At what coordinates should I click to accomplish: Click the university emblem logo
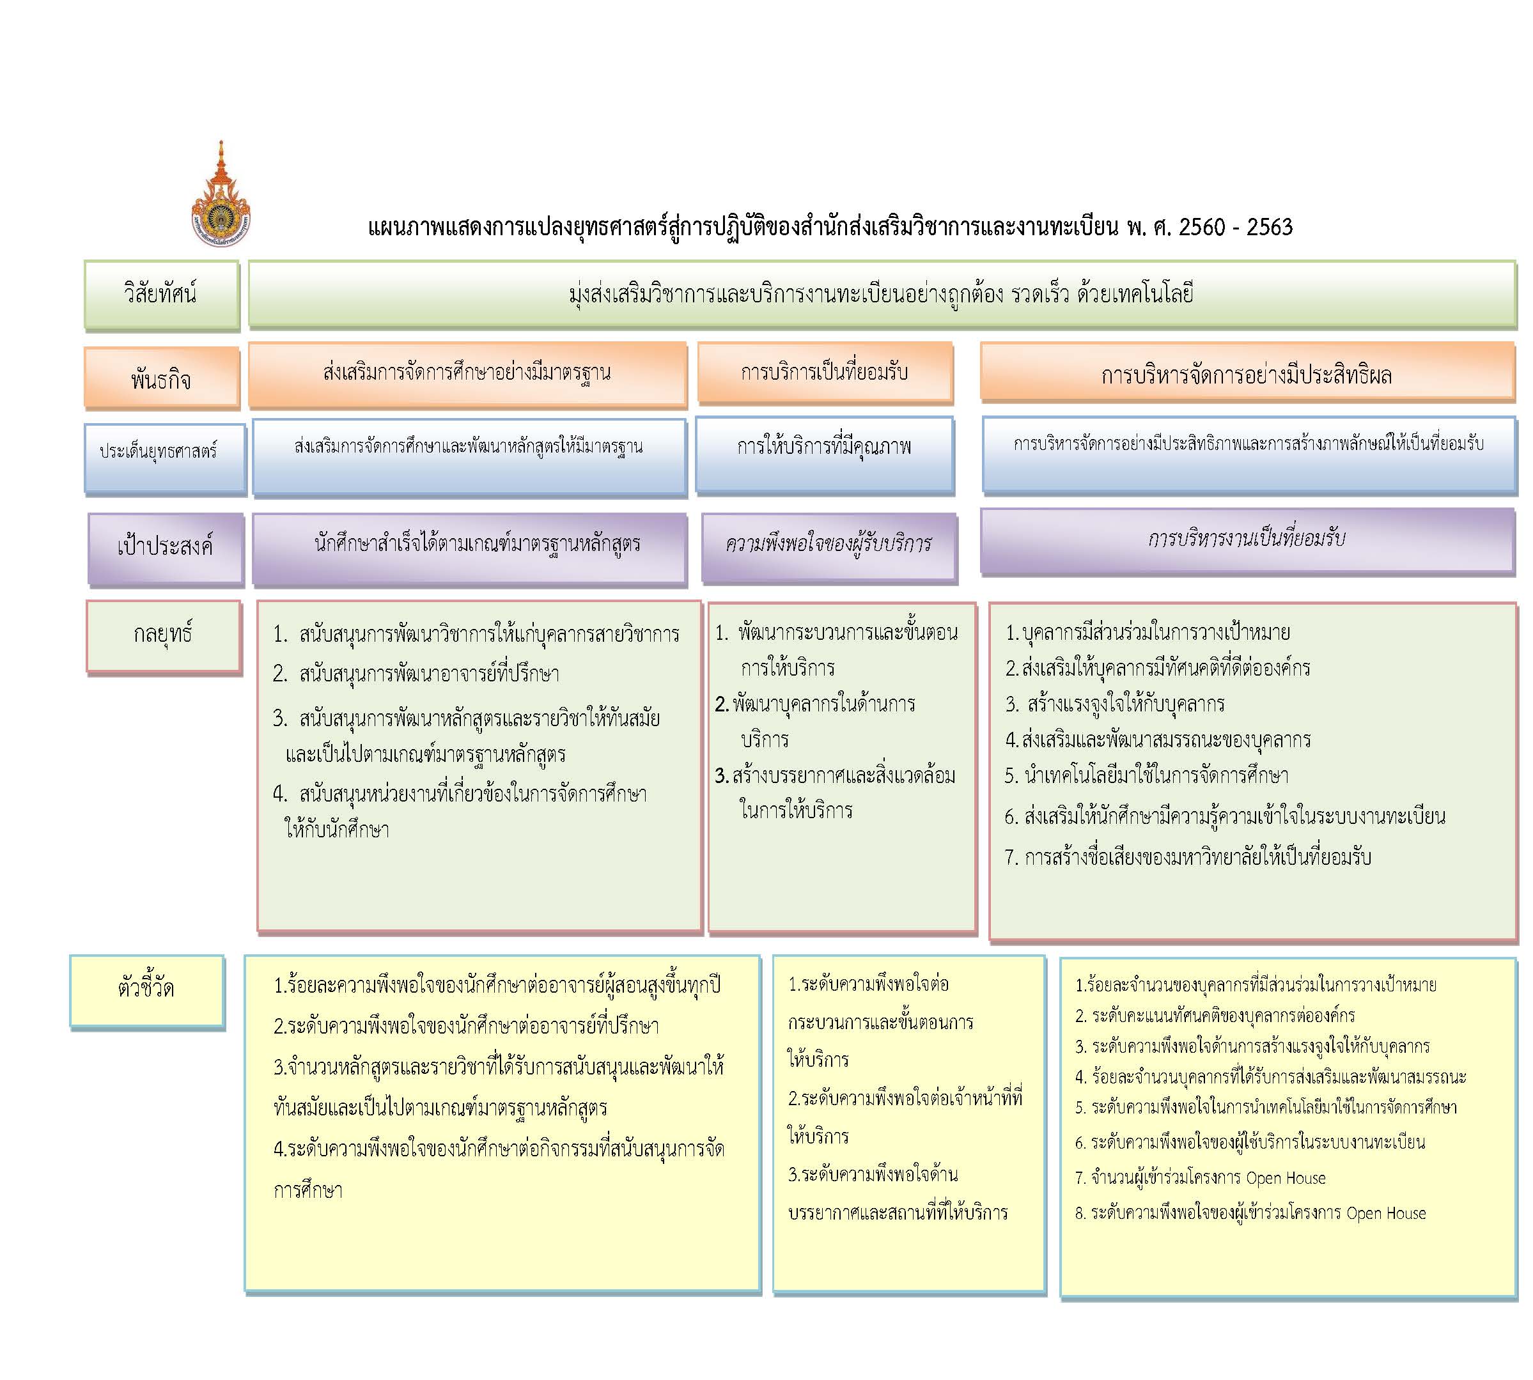(221, 195)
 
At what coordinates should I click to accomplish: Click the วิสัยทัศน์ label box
(162, 295)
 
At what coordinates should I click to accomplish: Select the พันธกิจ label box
(162, 378)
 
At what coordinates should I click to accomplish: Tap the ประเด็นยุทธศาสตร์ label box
(164, 460)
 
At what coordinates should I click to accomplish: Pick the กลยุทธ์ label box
(164, 637)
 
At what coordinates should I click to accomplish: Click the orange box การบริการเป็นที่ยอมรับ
(825, 372)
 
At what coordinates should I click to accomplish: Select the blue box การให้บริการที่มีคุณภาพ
(824, 455)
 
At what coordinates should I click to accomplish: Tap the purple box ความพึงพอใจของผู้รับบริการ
(829, 547)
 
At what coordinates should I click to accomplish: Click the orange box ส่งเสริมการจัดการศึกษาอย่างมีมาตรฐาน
(468, 374)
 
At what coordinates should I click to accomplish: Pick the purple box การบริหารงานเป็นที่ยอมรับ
(1247, 541)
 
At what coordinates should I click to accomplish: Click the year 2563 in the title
(1269, 227)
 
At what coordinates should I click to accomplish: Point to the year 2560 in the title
(1202, 227)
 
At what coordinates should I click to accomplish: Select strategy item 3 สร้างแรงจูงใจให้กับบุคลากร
(1114, 704)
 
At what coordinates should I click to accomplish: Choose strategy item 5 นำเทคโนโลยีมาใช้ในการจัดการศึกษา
(1146, 776)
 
